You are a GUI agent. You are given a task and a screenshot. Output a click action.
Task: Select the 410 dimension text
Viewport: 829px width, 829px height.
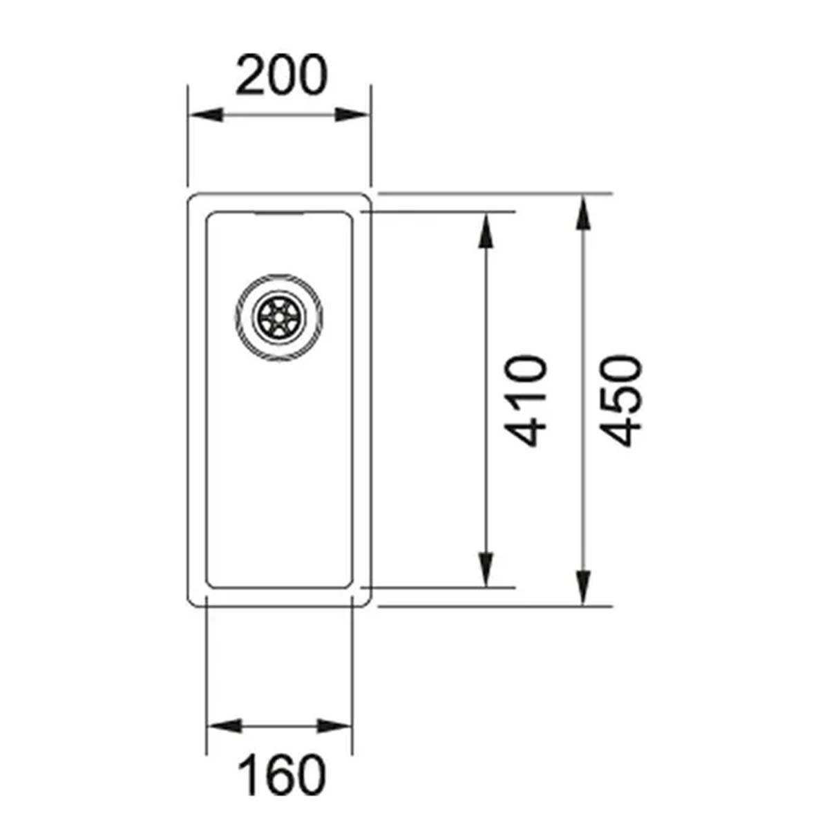tap(526, 401)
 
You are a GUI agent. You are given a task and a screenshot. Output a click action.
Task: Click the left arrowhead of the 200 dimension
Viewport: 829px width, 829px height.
tap(204, 115)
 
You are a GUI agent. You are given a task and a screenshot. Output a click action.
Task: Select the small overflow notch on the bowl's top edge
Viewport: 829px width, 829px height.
tap(280, 213)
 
